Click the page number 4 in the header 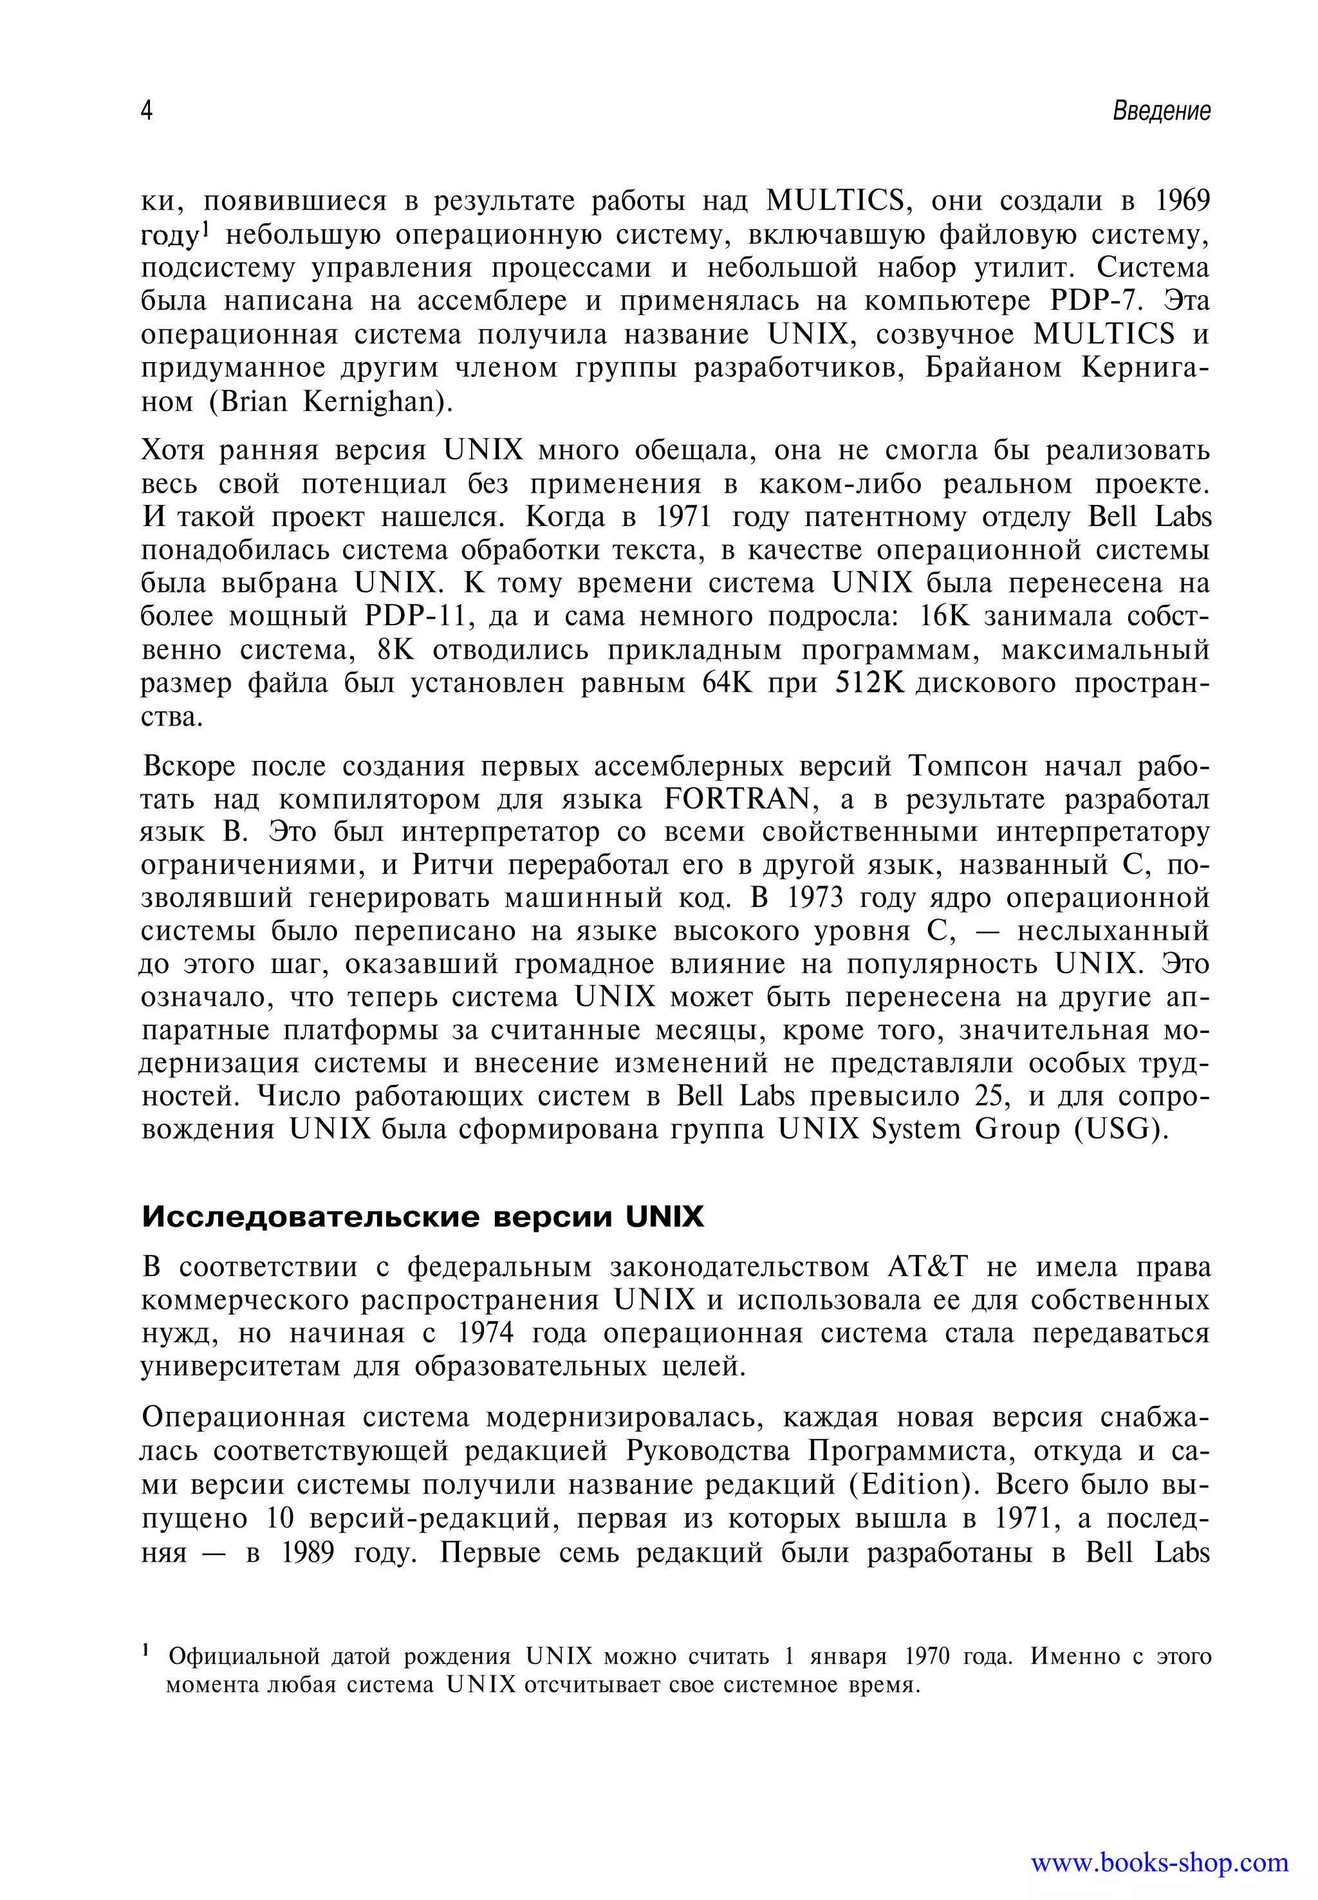146,111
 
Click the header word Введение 1161,111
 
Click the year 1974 486,1333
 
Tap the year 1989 307,1553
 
